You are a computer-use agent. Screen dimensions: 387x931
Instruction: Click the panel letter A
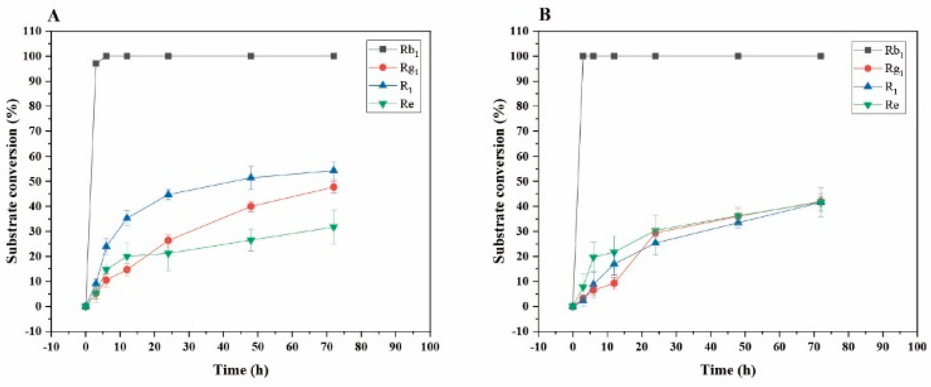[x=54, y=16]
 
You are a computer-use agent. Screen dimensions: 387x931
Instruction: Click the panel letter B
[x=545, y=15]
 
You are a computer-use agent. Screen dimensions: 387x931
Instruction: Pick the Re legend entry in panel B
[x=879, y=104]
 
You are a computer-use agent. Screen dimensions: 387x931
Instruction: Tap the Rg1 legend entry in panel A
[x=394, y=69]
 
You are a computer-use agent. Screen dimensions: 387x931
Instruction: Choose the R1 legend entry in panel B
[x=879, y=87]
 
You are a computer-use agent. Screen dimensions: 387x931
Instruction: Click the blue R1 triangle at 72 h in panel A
[x=334, y=171]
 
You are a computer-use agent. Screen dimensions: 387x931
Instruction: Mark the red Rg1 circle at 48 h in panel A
[x=251, y=206]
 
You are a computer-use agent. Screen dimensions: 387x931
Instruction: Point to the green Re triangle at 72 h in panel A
[x=334, y=227]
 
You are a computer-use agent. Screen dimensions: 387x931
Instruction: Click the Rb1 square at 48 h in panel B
[x=738, y=56]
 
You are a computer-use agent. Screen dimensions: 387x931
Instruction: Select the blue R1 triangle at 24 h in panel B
[x=655, y=243]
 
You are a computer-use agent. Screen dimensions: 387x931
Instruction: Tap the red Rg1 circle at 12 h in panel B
[x=614, y=283]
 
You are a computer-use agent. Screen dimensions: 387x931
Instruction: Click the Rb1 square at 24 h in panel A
[x=168, y=56]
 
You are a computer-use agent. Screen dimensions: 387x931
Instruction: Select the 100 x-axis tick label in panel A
[x=429, y=347]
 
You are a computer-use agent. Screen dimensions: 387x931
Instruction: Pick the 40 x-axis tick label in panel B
[x=710, y=347]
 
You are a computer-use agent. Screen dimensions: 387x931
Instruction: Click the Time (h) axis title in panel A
[x=241, y=369]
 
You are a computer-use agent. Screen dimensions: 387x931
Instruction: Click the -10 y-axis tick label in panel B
[x=520, y=332]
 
